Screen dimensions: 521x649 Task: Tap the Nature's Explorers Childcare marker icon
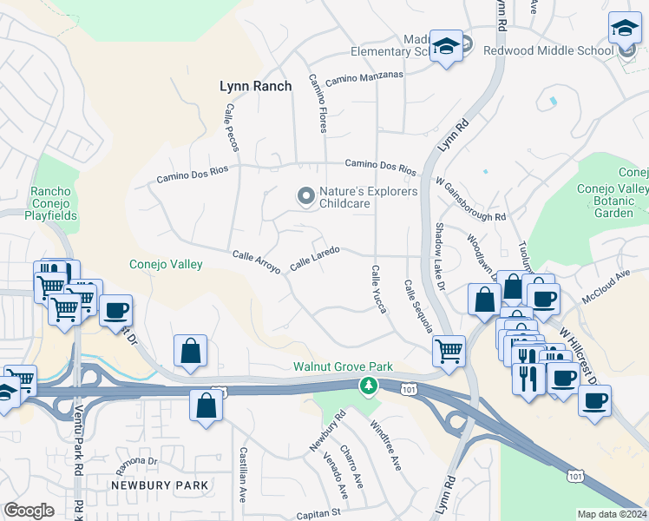coord(305,197)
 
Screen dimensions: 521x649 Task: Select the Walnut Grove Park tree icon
coord(370,385)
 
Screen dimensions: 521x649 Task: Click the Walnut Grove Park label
coord(343,367)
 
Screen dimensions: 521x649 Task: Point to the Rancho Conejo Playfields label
coord(54,203)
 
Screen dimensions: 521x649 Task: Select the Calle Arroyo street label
coord(256,261)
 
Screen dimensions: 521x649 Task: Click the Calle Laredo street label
coord(314,258)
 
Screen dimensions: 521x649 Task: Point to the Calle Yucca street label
coord(377,289)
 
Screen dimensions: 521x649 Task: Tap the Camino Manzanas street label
coord(364,79)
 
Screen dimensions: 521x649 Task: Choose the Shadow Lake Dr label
coord(439,256)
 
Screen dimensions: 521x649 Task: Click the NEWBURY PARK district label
coord(159,485)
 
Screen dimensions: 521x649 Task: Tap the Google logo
coord(29,511)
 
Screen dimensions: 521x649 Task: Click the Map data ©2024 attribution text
coord(612,514)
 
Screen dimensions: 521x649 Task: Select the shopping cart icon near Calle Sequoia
coord(449,350)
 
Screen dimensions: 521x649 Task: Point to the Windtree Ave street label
coord(386,445)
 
